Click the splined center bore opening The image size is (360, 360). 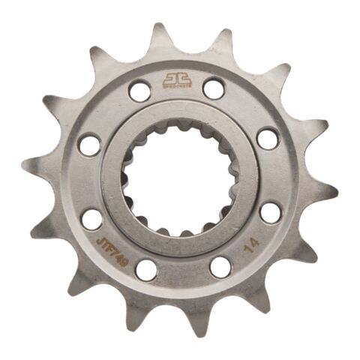tap(178, 179)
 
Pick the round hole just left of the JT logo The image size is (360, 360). tap(139, 91)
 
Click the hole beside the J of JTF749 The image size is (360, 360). tap(91, 219)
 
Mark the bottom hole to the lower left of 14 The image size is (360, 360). tap(220, 267)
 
